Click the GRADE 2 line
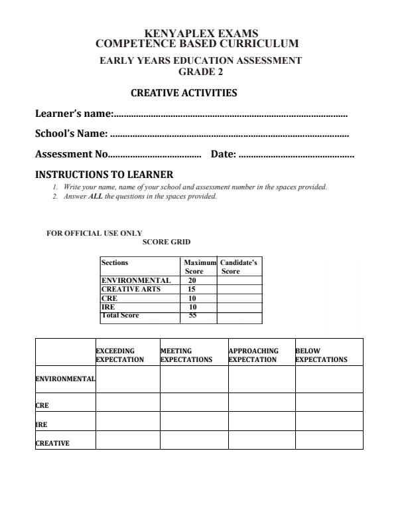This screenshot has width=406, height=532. (201, 72)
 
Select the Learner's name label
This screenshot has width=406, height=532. (74, 114)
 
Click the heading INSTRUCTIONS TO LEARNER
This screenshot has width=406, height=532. (103, 175)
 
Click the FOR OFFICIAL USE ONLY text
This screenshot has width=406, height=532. (94, 233)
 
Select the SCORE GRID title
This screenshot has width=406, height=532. (167, 242)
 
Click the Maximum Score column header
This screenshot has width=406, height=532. (198, 267)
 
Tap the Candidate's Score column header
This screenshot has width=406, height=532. (239, 267)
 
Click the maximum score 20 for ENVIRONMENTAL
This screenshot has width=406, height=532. (193, 281)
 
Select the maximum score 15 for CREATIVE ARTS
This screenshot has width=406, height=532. (193, 290)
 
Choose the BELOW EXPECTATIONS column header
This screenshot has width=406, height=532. (321, 355)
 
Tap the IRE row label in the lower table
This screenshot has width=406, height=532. (41, 423)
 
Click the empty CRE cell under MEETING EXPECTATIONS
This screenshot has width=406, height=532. (194, 402)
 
